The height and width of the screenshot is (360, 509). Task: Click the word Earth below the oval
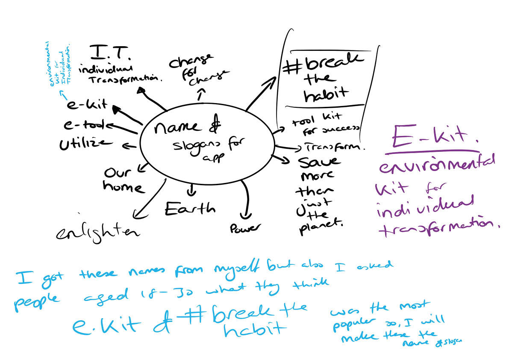190,209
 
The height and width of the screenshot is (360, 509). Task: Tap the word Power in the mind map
245,228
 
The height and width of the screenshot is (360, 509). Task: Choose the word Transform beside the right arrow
335,147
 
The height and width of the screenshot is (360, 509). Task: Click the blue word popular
348,322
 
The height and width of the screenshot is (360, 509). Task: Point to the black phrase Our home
124,180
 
